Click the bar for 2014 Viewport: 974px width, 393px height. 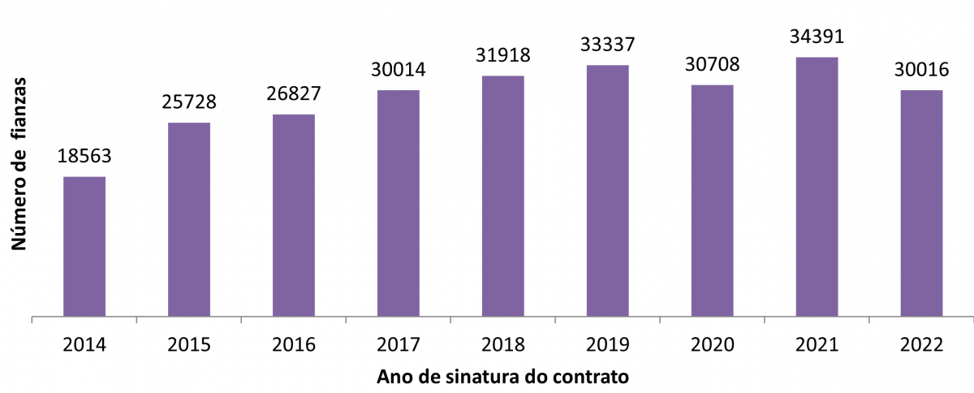point(84,246)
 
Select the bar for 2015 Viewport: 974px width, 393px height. point(189,219)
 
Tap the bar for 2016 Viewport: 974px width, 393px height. point(294,215)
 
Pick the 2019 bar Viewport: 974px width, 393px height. point(608,190)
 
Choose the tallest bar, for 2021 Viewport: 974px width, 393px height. point(817,186)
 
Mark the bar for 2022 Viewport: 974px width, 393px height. point(921,202)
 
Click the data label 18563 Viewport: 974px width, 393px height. point(84,156)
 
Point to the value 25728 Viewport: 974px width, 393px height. point(189,102)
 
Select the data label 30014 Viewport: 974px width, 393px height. point(399,70)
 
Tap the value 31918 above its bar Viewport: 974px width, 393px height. point(503,55)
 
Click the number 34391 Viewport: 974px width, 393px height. point(817,37)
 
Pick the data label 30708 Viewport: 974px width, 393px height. point(712,64)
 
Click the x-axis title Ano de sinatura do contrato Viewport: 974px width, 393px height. point(503,378)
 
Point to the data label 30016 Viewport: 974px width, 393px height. point(921,70)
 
